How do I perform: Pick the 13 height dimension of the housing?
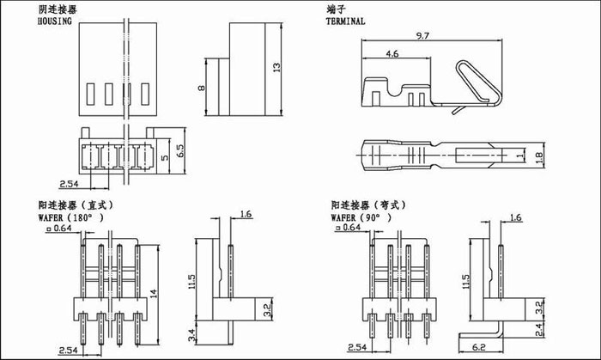point(276,67)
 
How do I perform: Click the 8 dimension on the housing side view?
point(200,87)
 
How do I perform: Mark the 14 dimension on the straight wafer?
point(154,292)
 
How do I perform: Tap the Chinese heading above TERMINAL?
point(336,8)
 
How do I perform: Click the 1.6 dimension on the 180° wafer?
point(247,215)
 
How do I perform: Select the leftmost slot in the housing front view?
point(90,93)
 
